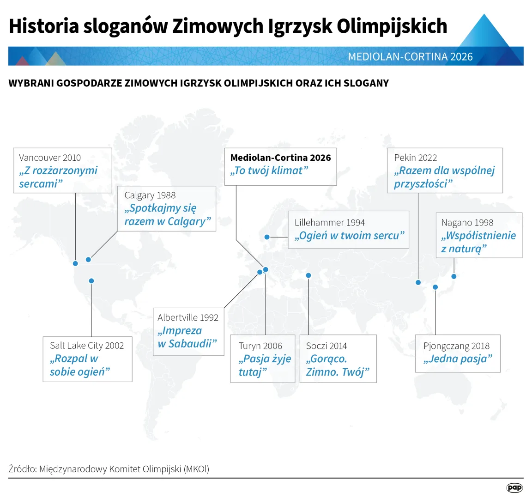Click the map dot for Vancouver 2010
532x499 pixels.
(75, 263)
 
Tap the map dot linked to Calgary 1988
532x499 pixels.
(88, 260)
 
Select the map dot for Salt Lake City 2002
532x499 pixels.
(91, 281)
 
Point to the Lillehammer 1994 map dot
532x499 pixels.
(267, 237)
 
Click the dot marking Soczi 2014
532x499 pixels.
(308, 275)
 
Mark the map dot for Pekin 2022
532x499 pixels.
(418, 282)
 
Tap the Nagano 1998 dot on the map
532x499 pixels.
(454, 276)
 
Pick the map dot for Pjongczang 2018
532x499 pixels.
(435, 287)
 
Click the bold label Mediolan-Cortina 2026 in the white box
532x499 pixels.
(281, 158)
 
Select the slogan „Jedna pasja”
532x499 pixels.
(458, 359)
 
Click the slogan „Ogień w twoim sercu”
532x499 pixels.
(350, 236)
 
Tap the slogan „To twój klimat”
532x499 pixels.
(269, 170)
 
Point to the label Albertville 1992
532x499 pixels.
(188, 317)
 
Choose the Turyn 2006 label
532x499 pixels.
(260, 346)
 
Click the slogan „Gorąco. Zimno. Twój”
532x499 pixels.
(338, 365)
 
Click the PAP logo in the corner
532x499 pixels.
(514, 488)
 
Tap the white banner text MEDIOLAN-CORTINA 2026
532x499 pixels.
(410, 56)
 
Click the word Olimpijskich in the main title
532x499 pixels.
(392, 26)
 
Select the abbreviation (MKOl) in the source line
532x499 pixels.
(196, 469)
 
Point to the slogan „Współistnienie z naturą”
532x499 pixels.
(478, 242)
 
